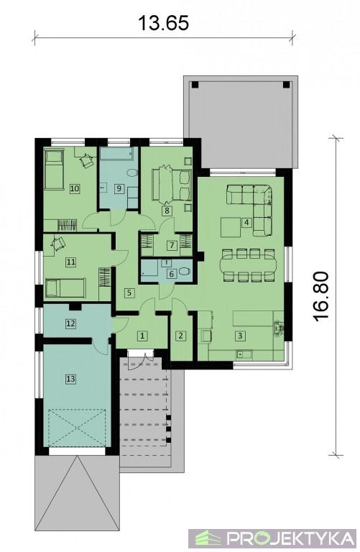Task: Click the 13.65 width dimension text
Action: click(x=163, y=22)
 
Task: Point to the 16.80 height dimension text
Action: click(x=321, y=295)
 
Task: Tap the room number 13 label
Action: click(x=70, y=379)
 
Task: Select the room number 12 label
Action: click(x=70, y=323)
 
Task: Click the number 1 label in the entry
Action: click(x=142, y=336)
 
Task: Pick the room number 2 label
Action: click(x=180, y=336)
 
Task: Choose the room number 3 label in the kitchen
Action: click(x=240, y=336)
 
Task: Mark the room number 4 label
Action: click(x=246, y=222)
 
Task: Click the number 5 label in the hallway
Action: click(x=129, y=293)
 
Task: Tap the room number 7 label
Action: click(x=172, y=245)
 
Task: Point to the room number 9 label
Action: click(x=119, y=188)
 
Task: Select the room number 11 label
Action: click(x=70, y=262)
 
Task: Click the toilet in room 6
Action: click(x=184, y=271)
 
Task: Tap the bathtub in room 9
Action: click(x=117, y=154)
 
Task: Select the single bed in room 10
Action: click(x=53, y=170)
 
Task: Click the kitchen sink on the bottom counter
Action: click(x=244, y=354)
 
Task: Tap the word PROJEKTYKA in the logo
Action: click(x=290, y=538)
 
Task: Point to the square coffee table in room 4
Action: click(x=231, y=227)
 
